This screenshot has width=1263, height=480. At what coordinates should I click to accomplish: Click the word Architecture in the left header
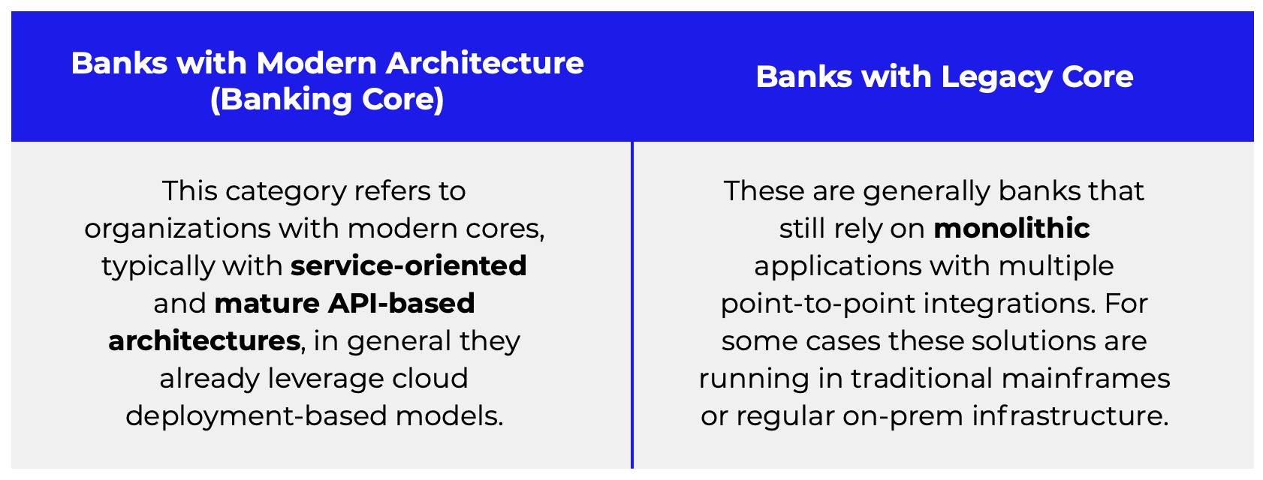484,63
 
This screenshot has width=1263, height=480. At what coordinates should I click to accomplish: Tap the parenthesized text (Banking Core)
327,100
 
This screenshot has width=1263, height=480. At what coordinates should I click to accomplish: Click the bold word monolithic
1011,228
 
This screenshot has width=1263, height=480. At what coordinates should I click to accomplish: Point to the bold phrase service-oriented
408,265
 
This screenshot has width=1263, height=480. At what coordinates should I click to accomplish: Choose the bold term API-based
402,303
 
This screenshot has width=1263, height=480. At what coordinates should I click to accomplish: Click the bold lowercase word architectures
204,340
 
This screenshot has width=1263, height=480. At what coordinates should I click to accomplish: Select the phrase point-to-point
818,303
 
